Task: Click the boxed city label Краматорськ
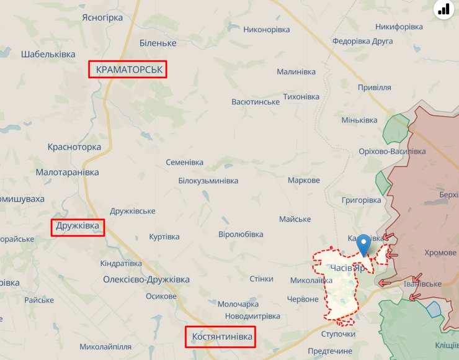129,70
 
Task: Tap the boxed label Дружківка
78,227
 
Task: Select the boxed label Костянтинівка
220,337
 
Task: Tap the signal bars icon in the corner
443,9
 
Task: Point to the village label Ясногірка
102,17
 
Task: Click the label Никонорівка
266,29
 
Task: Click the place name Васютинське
255,101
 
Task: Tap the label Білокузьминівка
208,181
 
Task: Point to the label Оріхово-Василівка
392,152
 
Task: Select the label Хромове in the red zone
440,253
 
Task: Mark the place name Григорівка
361,200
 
